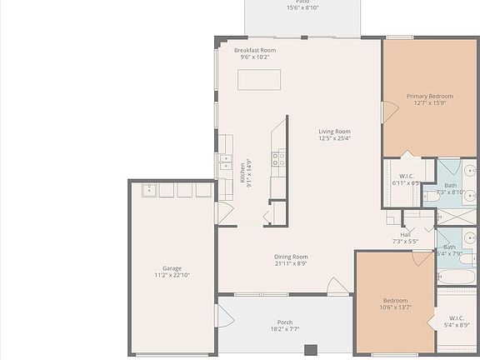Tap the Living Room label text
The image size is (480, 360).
[334, 131]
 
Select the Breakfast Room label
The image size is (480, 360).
[255, 50]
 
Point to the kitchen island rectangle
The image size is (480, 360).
[259, 79]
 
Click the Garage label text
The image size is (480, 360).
[172, 268]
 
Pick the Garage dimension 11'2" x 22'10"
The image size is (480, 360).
[172, 275]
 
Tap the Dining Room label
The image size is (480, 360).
[291, 257]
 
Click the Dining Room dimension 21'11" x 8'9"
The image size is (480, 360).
[291, 263]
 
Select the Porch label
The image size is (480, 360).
[285, 322]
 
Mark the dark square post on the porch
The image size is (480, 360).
[311, 350]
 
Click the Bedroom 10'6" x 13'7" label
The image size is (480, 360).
[395, 300]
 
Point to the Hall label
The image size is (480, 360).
[405, 234]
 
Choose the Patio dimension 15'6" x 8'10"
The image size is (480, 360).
[302, 7]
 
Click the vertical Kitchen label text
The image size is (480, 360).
[242, 172]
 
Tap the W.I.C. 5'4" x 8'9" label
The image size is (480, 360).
[457, 321]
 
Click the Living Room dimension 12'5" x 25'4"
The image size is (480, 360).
[334, 138]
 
